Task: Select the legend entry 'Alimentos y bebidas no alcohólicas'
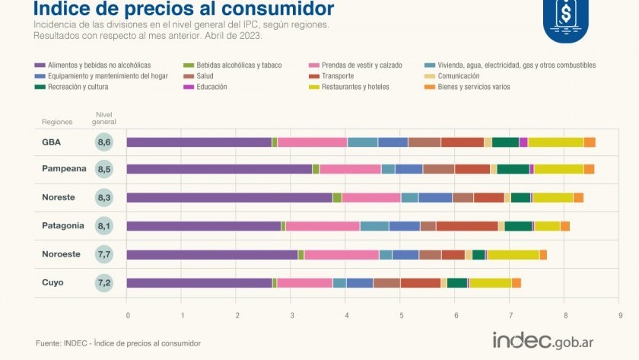93,65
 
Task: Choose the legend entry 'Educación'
214,87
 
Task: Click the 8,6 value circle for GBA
105,142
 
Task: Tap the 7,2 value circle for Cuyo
105,283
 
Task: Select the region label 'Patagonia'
63,226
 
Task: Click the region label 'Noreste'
59,198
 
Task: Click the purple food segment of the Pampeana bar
219,169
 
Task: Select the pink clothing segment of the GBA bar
312,142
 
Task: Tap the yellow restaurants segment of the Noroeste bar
513,254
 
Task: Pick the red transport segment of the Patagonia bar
466,226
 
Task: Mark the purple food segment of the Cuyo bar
199,283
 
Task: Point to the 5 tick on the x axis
401,314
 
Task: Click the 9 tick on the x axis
620,314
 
